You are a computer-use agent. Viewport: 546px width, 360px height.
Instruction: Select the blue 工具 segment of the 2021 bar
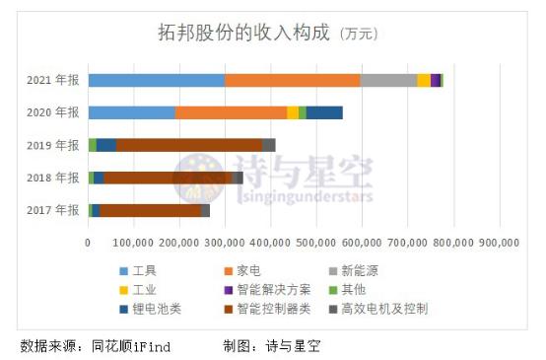pyautogui.click(x=156, y=80)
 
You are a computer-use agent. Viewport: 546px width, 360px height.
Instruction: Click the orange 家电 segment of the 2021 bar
pyautogui.click(x=292, y=80)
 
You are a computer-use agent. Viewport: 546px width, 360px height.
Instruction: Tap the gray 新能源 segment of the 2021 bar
pyautogui.click(x=388, y=80)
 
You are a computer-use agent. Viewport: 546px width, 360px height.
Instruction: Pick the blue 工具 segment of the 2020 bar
pyautogui.click(x=131, y=112)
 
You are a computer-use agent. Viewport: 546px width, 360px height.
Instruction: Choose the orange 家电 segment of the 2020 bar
pyautogui.click(x=231, y=112)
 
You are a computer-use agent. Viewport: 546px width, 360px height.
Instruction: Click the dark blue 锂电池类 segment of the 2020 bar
pyautogui.click(x=324, y=112)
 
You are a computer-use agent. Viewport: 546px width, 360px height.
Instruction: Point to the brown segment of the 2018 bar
pyautogui.click(x=168, y=178)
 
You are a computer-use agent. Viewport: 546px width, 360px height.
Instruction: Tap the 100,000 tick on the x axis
pyautogui.click(x=134, y=240)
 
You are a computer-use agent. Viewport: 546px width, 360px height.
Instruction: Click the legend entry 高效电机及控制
pyautogui.click(x=387, y=309)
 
